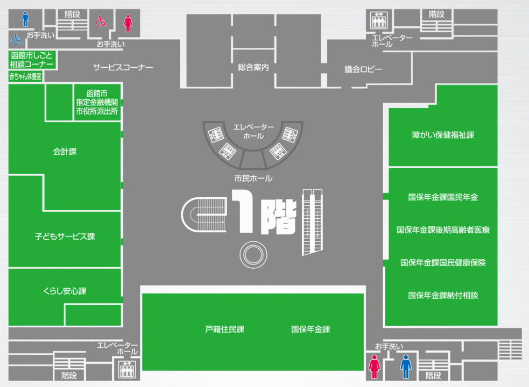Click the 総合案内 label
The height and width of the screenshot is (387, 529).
253,67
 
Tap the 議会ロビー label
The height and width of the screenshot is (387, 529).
363,69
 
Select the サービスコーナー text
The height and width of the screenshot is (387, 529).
123,67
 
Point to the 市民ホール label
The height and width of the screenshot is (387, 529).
253,178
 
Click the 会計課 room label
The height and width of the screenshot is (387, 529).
65,152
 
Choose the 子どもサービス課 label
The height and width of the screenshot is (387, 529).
65,236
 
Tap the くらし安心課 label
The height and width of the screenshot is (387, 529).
65,291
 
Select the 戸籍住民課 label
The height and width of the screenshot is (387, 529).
225,329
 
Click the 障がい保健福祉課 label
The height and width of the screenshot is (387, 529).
443,135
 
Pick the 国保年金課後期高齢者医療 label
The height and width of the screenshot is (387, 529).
443,230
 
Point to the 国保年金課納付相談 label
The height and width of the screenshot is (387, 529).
443,296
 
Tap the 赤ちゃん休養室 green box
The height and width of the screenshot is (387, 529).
25,76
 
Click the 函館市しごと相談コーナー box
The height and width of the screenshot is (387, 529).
32,60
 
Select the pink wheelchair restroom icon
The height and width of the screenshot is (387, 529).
101,21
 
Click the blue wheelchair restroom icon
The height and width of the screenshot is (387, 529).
17,39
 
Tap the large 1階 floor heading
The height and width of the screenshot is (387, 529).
264,212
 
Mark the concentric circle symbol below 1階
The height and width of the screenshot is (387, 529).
253,255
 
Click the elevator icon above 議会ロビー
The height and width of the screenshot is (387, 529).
379,20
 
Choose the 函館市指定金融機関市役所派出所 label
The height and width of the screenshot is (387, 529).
97,102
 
